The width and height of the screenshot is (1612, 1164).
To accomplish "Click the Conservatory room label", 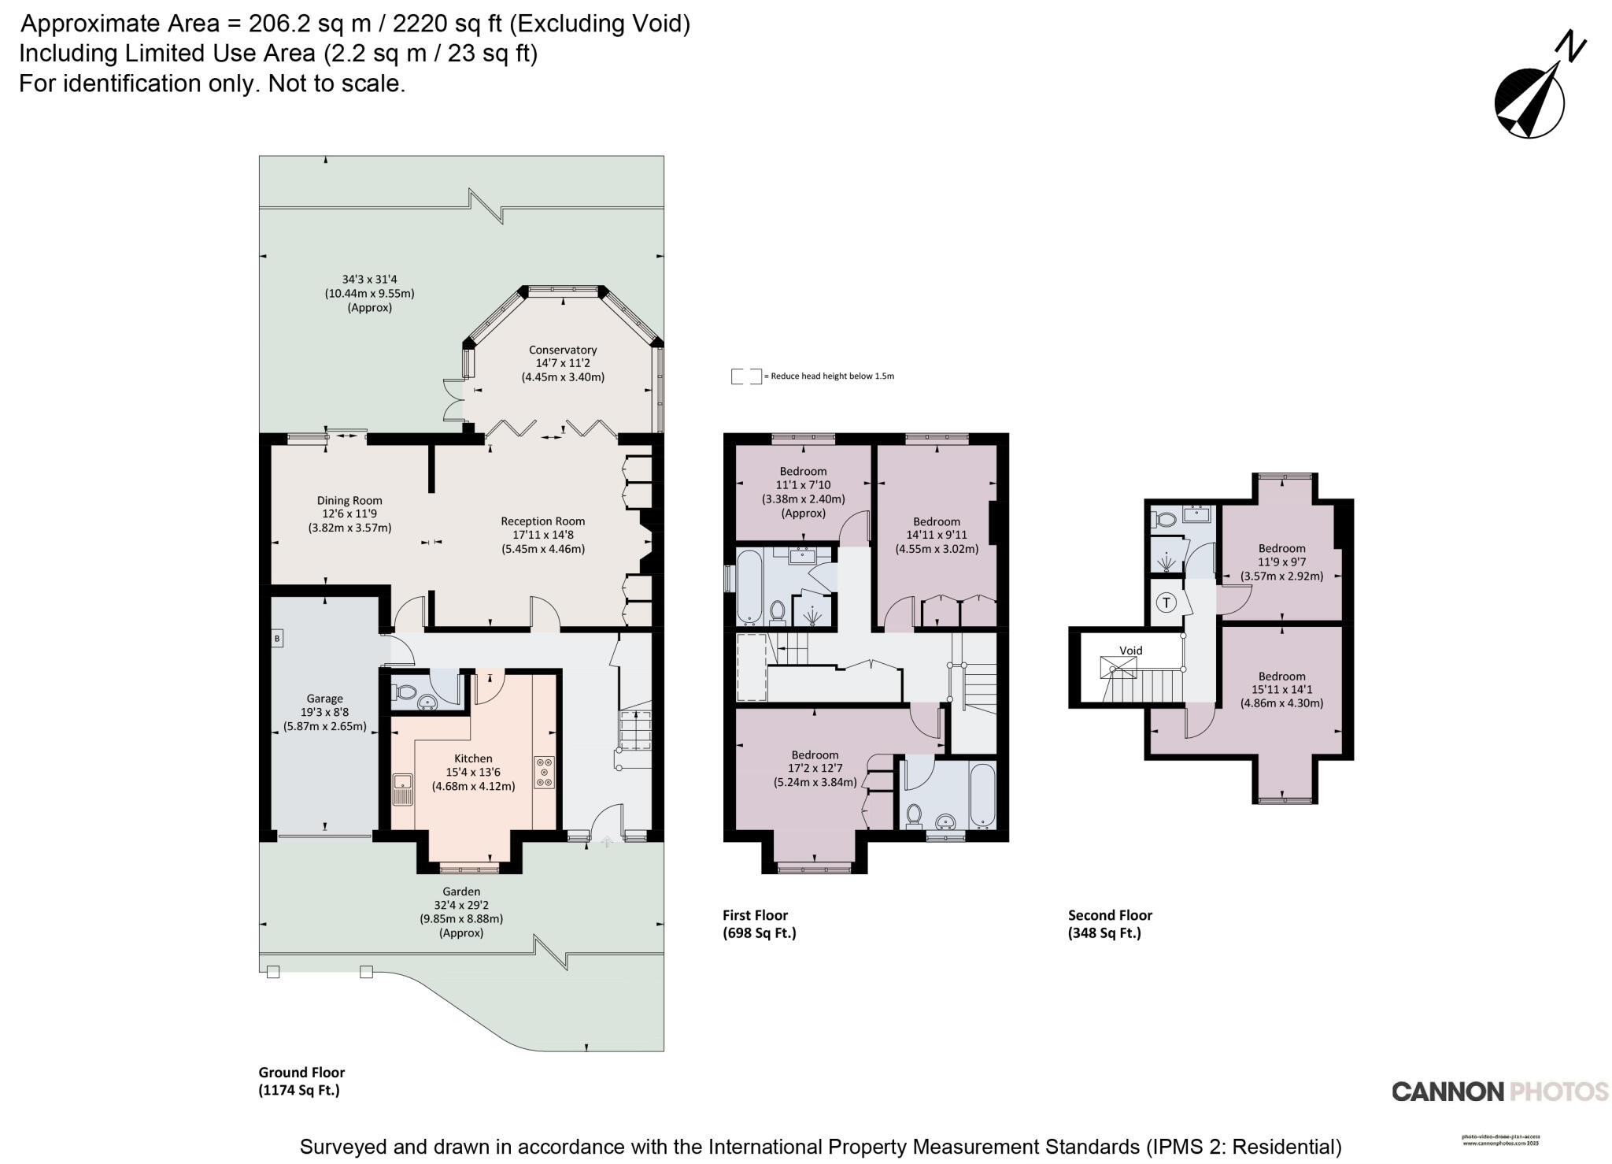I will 562,350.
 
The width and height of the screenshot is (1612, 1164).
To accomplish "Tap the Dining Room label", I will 349,501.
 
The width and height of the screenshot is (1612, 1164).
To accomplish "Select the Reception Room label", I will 542,521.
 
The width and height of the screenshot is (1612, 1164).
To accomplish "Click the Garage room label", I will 324,699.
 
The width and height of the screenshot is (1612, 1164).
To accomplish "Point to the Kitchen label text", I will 473,758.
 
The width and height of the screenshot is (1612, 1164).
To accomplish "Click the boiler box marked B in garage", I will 277,639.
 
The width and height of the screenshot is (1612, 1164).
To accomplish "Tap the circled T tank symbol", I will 1166,603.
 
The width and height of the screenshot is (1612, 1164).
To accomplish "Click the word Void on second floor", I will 1130,651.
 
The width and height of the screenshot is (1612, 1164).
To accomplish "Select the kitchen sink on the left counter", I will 404,788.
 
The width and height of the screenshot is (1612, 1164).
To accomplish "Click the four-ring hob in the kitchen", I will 544,772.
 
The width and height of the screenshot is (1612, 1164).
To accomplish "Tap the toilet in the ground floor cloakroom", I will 405,692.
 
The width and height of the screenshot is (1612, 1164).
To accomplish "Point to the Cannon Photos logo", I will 1499,1092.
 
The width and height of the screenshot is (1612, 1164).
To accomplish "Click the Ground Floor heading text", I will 301,1073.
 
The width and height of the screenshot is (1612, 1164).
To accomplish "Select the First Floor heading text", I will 755,915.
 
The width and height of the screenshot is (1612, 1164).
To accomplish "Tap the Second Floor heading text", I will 1110,915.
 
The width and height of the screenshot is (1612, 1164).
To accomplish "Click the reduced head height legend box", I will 746,376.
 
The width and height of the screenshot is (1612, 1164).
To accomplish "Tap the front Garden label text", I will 461,892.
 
